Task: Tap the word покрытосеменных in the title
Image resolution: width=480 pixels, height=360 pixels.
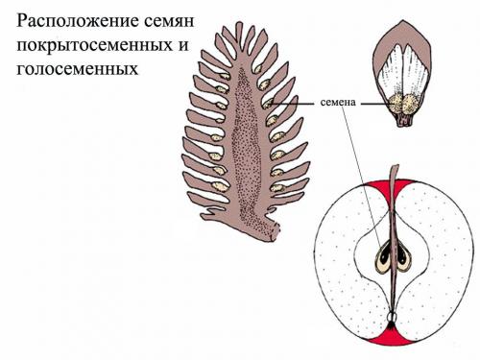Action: tap(85, 46)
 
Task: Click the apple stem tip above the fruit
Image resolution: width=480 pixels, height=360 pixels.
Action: tap(394, 169)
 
